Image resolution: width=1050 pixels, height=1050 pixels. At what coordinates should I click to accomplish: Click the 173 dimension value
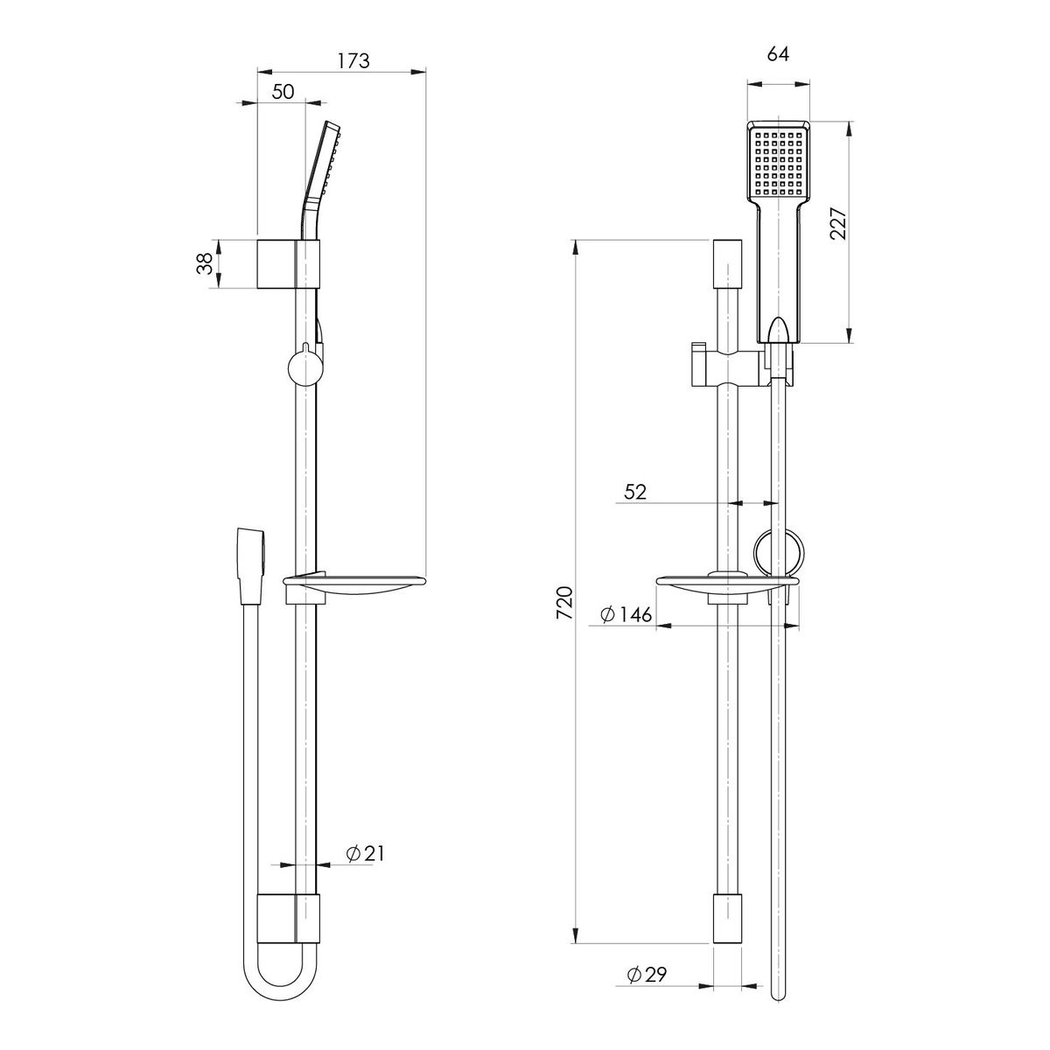(353, 60)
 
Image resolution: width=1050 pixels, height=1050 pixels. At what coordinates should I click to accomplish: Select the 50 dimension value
(283, 92)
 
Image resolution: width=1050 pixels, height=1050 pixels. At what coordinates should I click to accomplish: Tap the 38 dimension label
(205, 263)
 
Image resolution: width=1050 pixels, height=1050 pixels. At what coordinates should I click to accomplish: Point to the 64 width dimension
(778, 54)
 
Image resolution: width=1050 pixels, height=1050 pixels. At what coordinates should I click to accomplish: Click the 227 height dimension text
(838, 224)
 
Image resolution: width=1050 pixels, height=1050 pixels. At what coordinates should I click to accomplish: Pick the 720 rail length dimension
(564, 602)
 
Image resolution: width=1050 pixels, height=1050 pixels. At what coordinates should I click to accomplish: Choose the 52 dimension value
(634, 492)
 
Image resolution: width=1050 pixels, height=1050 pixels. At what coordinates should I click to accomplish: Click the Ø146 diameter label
(626, 614)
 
